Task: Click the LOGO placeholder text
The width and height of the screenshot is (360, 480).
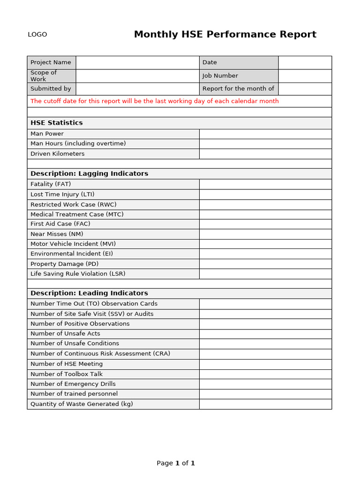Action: click(37, 35)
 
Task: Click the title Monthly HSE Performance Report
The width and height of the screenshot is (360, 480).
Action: click(225, 34)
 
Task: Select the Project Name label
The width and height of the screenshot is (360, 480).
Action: click(51, 62)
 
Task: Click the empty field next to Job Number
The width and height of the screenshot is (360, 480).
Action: click(305, 76)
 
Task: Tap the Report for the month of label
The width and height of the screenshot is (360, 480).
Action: click(238, 89)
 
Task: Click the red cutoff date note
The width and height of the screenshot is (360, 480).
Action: click(155, 101)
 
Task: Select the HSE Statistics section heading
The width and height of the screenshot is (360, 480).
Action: click(57, 123)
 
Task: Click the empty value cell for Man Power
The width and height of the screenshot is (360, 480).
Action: click(265, 134)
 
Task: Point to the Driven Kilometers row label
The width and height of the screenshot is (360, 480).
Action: click(58, 154)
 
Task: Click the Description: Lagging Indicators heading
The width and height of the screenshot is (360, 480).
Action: click(89, 173)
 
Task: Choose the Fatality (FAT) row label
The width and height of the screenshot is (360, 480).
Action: click(51, 184)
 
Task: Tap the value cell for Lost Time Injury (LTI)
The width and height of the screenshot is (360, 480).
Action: click(265, 195)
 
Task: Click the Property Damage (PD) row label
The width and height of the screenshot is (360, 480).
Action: click(58, 264)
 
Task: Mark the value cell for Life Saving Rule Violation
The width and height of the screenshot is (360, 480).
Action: click(265, 274)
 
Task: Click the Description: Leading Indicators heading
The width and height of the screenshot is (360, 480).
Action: click(89, 293)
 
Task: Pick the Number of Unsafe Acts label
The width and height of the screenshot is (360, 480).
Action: click(65, 334)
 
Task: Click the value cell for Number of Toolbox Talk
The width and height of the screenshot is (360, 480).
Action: click(265, 374)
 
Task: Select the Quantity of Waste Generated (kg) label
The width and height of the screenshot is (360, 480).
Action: click(82, 404)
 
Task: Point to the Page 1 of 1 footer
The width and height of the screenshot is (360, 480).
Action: click(176, 463)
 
